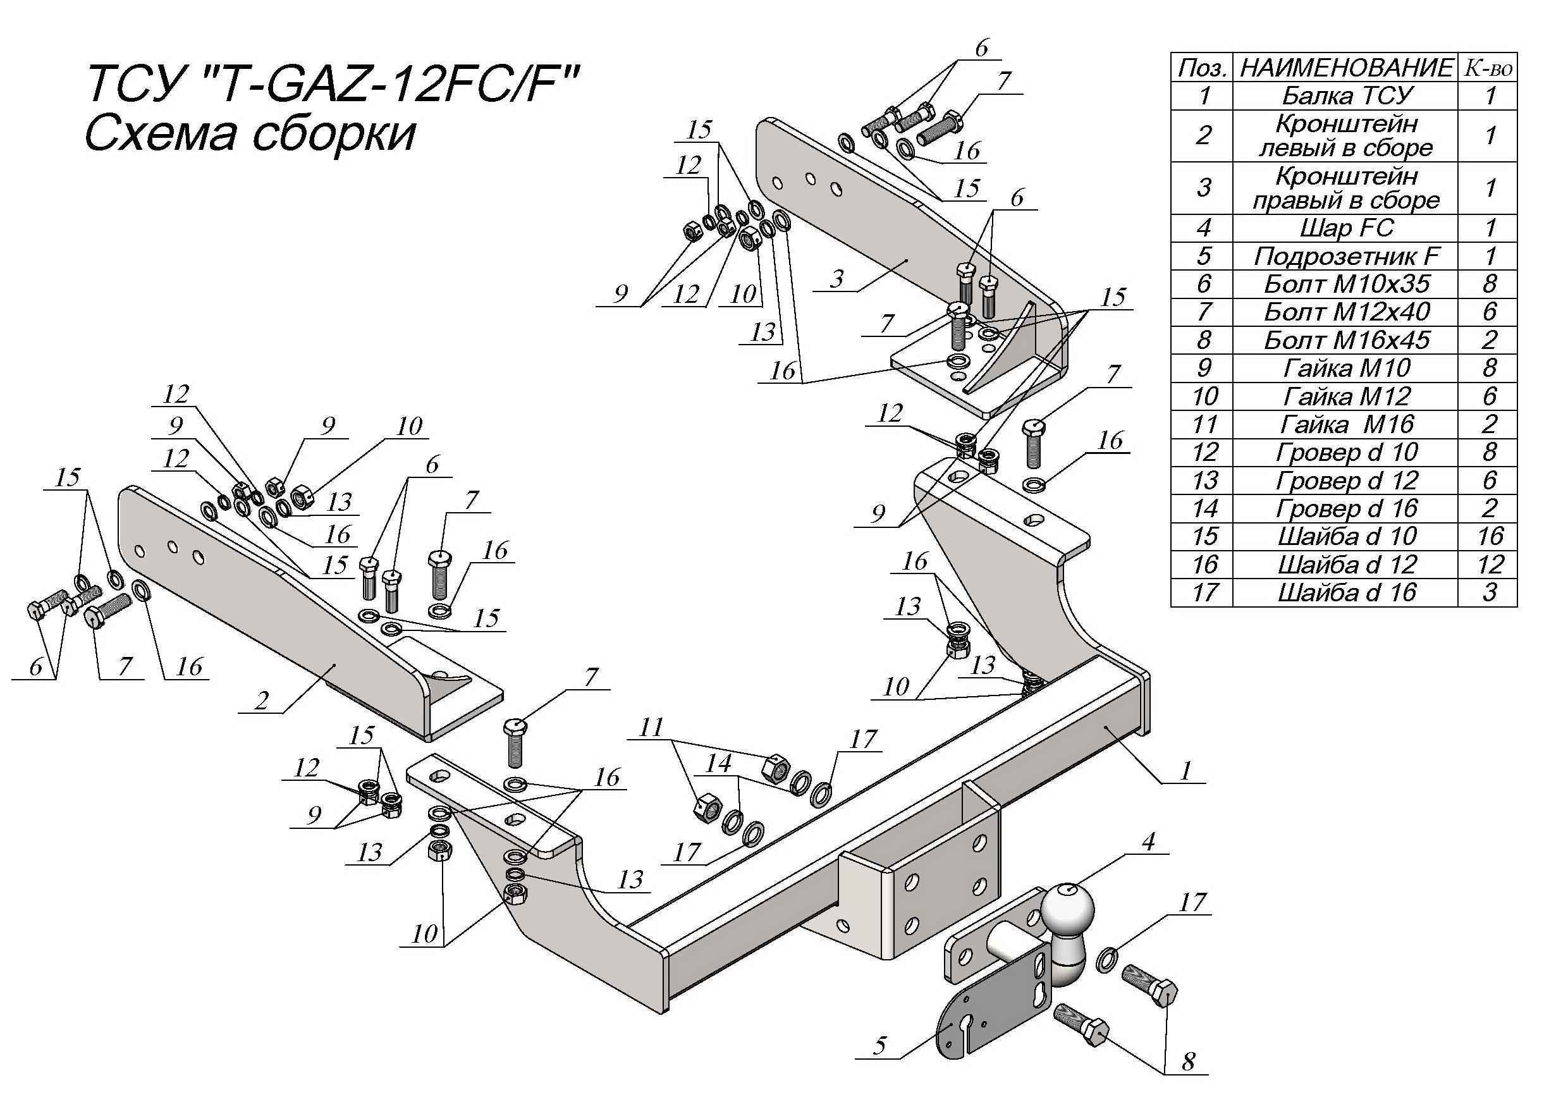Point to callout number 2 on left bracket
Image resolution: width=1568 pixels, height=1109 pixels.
pyautogui.click(x=262, y=700)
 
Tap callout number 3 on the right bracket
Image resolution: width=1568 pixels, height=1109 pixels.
pyautogui.click(x=837, y=279)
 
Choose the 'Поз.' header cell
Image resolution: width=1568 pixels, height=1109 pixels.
pyautogui.click(x=1202, y=68)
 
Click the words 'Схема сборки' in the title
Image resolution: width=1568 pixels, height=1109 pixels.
pyautogui.click(x=250, y=134)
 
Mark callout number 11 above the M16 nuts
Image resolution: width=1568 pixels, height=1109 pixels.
pyautogui.click(x=651, y=727)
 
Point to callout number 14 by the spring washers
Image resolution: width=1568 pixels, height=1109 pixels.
pyautogui.click(x=718, y=763)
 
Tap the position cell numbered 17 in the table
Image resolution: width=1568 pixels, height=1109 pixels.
pyautogui.click(x=1203, y=592)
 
